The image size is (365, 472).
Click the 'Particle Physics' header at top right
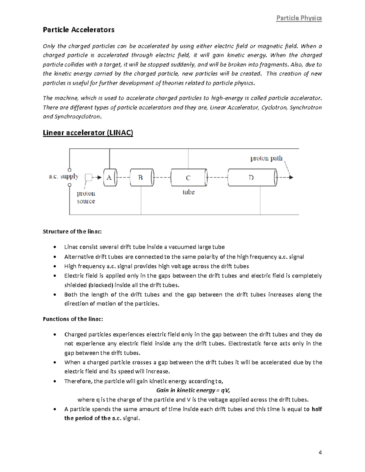point(299,18)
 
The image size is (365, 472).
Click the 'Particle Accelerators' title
point(78,30)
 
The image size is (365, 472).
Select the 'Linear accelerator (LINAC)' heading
point(88,133)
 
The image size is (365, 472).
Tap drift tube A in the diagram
point(110,177)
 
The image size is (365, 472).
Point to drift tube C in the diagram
point(189,178)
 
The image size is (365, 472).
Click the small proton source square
point(89,177)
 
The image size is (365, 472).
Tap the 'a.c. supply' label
point(64,177)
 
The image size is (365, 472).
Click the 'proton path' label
point(266,158)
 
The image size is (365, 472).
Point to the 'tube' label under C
point(188,192)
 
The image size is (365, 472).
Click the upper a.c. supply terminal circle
point(70,170)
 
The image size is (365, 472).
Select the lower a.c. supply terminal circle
point(70,185)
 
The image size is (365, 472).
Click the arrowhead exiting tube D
point(291,177)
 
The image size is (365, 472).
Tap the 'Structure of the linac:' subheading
point(72,232)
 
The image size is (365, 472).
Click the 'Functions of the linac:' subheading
point(73,319)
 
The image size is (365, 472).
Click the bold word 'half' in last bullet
point(317,409)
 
